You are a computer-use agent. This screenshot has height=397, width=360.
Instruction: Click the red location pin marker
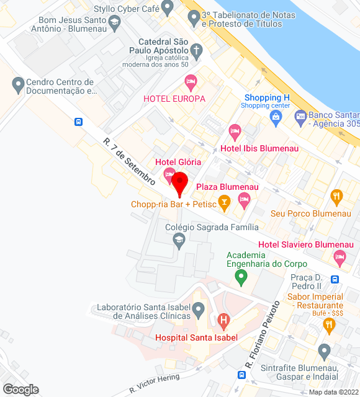pyautogui.click(x=179, y=184)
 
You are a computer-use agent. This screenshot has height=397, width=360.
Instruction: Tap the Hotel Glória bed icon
pyautogui.click(x=169, y=177)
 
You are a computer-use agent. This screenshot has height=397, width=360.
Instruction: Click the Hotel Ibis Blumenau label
pyautogui.click(x=259, y=148)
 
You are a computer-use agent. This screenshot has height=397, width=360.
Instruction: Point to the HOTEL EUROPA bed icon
pyautogui.click(x=191, y=81)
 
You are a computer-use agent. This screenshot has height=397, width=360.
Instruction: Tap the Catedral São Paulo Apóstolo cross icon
pyautogui.click(x=197, y=50)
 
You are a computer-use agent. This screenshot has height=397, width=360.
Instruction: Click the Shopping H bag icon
pyautogui.click(x=276, y=116)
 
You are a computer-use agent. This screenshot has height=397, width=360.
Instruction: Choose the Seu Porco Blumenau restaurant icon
pyautogui.click(x=337, y=197)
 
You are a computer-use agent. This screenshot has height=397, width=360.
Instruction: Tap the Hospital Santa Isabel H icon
pyautogui.click(x=224, y=321)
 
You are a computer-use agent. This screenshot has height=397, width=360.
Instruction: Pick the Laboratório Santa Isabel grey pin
pyautogui.click(x=199, y=308)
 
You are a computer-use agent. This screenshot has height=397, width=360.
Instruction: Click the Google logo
pyautogui.click(x=20, y=389)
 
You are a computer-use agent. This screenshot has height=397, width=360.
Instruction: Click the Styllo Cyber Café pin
pyautogui.click(x=167, y=7)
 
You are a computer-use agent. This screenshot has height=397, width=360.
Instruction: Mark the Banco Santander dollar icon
pyautogui.click(x=300, y=115)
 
